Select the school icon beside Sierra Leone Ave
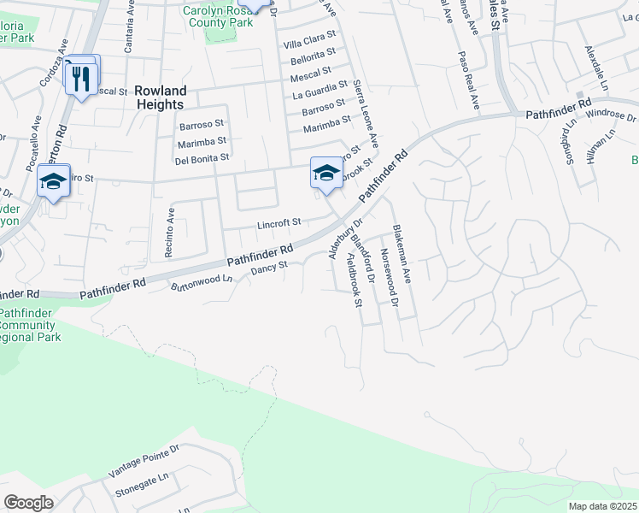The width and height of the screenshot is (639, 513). pyautogui.click(x=325, y=174)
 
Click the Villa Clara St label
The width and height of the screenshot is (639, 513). pyautogui.click(x=310, y=43)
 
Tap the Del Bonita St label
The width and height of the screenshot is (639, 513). pyautogui.click(x=202, y=158)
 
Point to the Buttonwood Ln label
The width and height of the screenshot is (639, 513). pyautogui.click(x=202, y=282)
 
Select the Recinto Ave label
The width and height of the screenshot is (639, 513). pyautogui.click(x=170, y=232)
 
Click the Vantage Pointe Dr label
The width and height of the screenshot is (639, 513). pyautogui.click(x=144, y=462)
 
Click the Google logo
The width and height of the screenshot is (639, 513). pyautogui.click(x=28, y=502)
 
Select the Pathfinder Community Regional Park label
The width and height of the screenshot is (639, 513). pyautogui.click(x=31, y=326)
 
